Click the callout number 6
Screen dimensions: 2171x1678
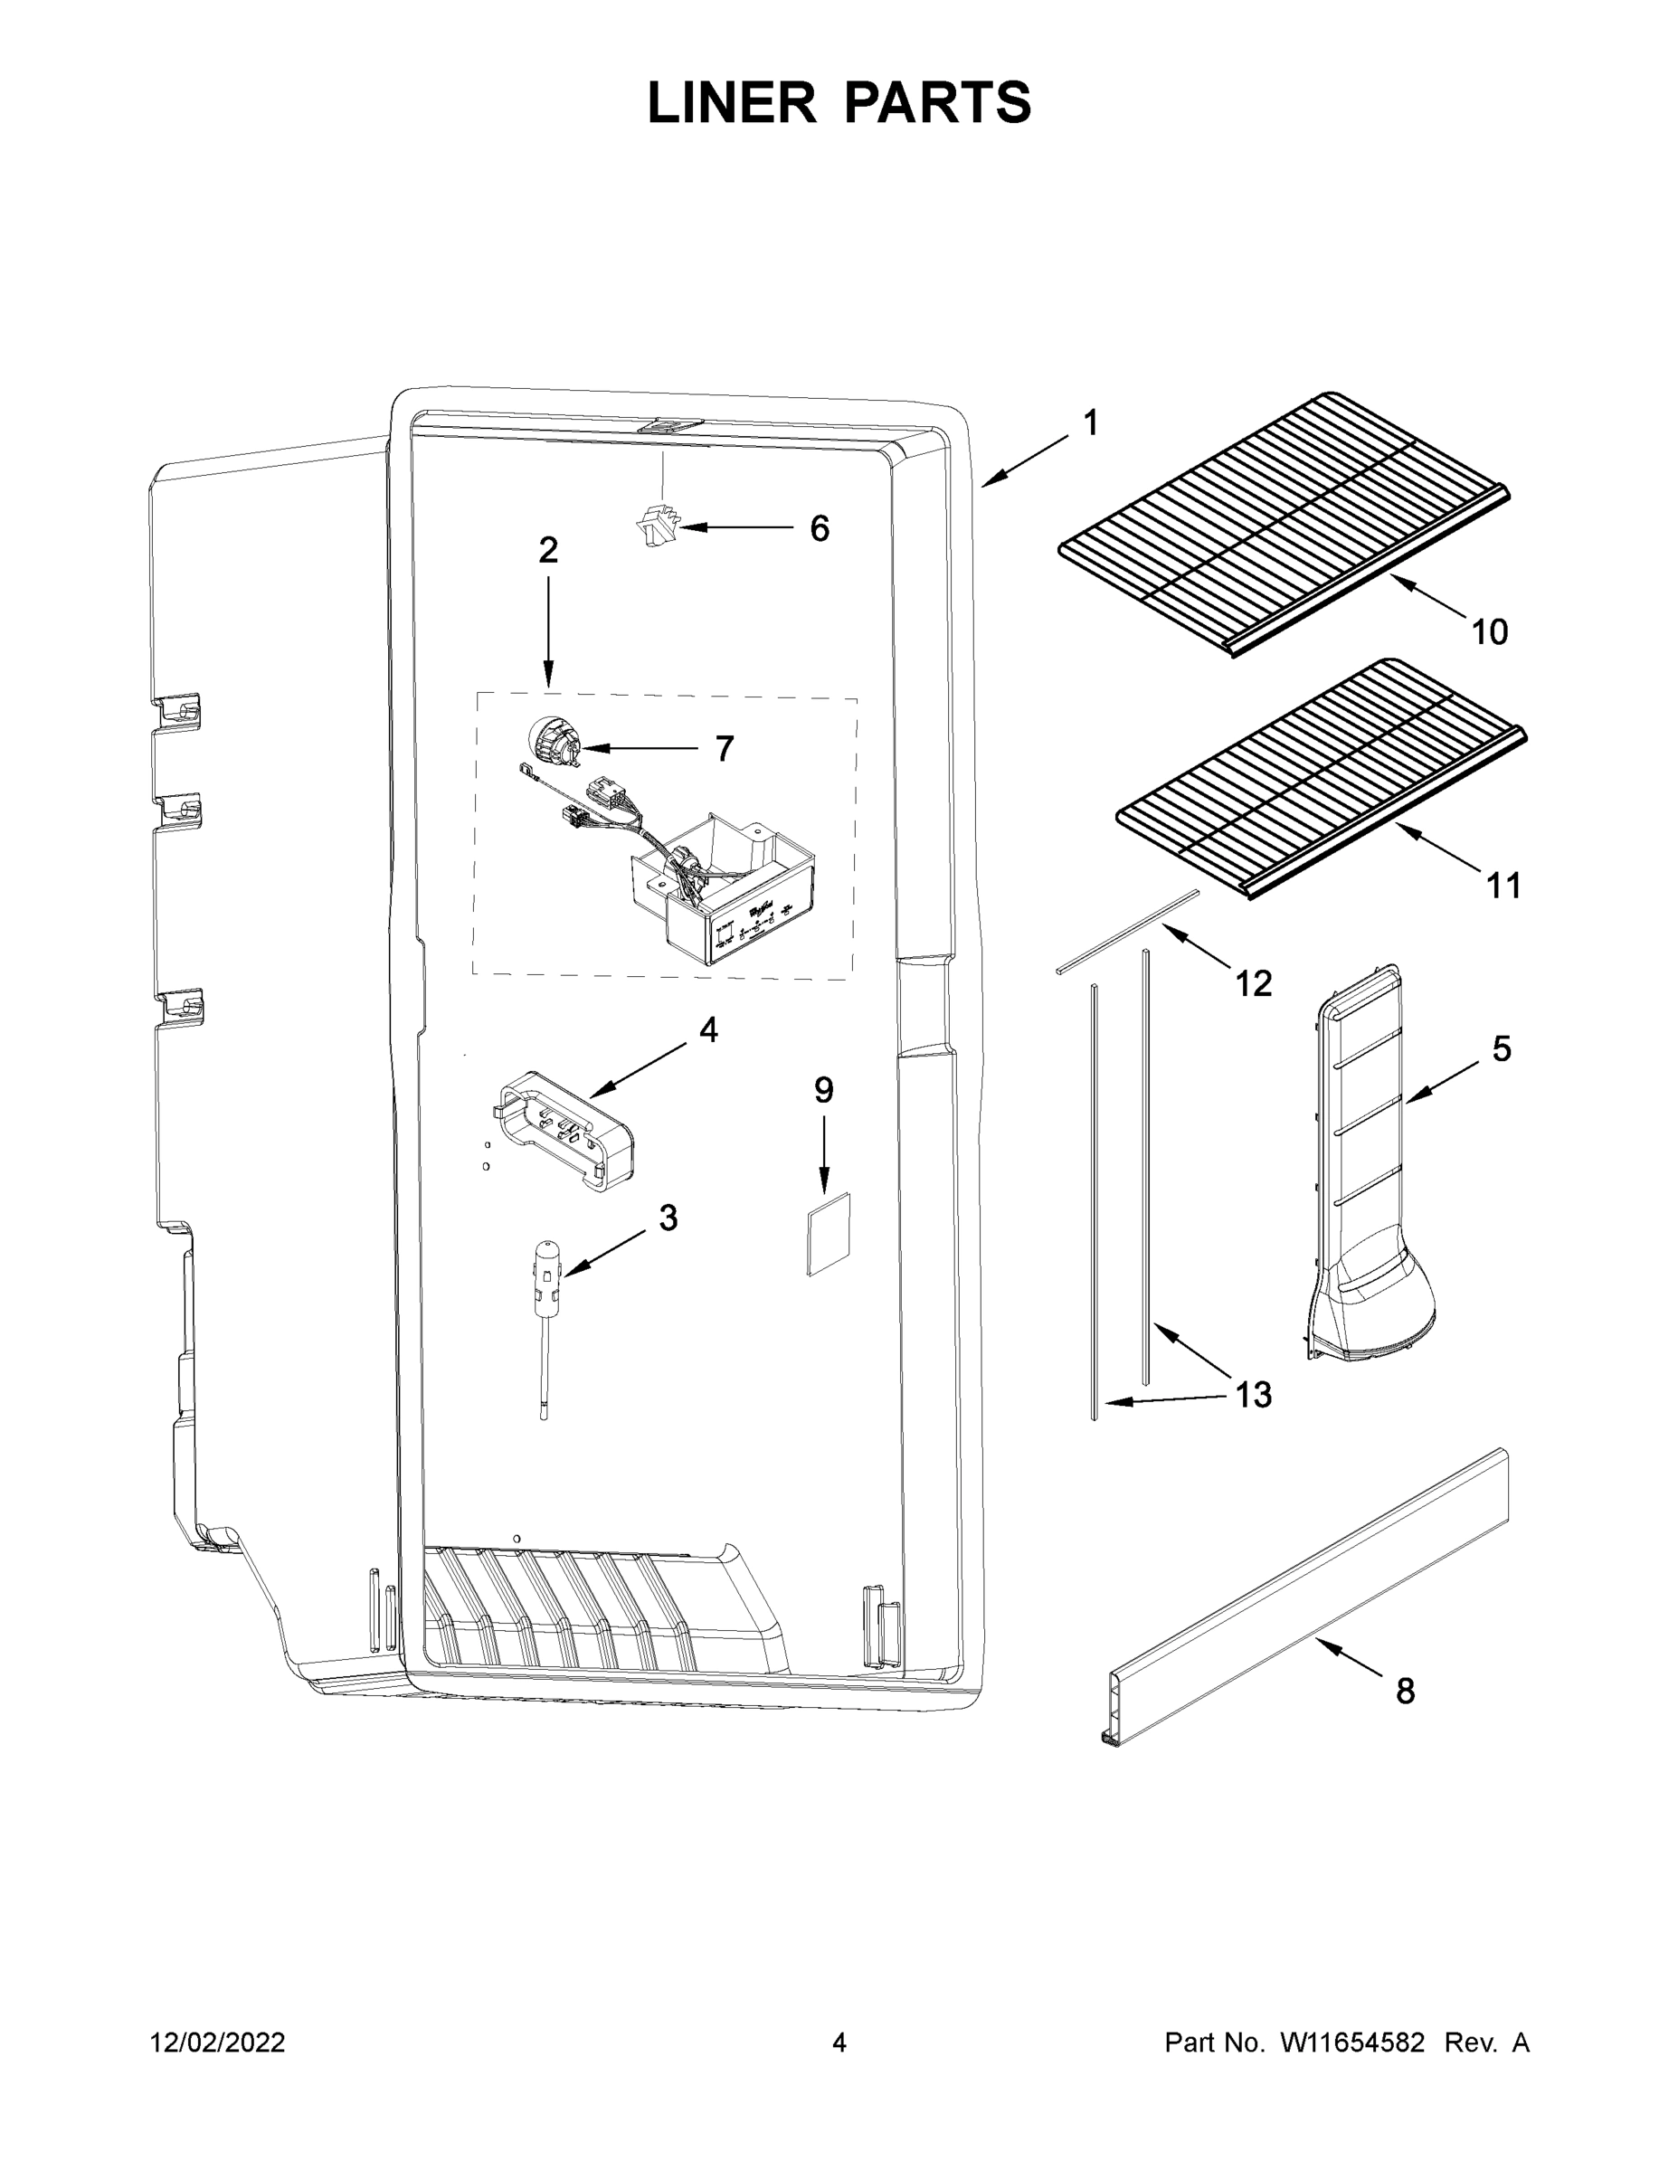(820, 529)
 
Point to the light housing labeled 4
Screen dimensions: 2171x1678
(564, 1133)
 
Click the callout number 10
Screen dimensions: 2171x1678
(1489, 631)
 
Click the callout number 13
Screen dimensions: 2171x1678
(1254, 1395)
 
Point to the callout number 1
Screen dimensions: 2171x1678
(1091, 423)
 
